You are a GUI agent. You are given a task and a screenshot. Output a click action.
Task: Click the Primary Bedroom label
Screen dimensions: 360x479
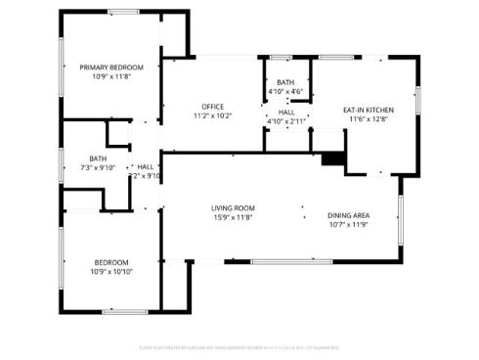pos(111,67)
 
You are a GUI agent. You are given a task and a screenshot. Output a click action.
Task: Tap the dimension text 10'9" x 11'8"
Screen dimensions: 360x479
pos(111,75)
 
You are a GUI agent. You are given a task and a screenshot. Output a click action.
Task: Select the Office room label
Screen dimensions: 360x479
pos(213,106)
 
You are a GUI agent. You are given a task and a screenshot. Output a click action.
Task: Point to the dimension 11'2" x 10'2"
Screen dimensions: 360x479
pos(213,115)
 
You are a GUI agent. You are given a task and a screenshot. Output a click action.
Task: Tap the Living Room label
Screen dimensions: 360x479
pos(233,207)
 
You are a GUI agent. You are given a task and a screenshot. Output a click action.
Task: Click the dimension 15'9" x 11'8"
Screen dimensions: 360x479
pos(233,216)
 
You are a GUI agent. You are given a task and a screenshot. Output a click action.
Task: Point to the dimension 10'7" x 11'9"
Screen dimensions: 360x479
pos(348,225)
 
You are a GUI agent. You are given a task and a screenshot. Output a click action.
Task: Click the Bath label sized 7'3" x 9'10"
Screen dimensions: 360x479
pos(98,158)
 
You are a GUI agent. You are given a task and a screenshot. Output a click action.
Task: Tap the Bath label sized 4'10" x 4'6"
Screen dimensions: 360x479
pos(285,83)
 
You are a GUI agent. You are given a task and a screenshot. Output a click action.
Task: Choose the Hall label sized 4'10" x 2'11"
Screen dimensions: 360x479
pos(286,112)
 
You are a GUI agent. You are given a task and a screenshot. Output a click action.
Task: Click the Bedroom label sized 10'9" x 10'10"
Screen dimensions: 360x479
pos(110,261)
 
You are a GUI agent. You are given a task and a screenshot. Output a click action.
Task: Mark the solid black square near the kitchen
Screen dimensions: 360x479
pos(332,157)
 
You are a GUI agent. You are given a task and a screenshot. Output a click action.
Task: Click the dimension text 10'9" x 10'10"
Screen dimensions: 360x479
pos(110,271)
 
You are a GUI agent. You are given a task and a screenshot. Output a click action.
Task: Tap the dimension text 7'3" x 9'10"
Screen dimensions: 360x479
pos(98,167)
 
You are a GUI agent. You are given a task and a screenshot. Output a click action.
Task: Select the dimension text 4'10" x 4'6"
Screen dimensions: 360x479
pos(285,92)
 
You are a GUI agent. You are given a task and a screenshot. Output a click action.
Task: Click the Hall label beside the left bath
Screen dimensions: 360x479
pos(146,167)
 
